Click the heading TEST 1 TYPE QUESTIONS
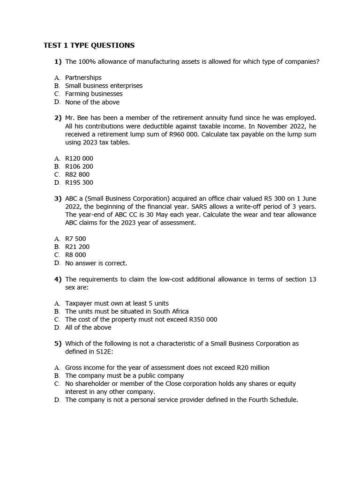tap(89, 45)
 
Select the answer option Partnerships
tap(83, 77)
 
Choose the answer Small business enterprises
tap(104, 86)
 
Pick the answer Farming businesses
tap(94, 94)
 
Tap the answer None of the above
tap(92, 102)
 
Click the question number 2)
tap(58, 118)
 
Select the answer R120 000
tap(79, 158)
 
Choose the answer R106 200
tap(79, 166)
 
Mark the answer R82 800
tap(77, 174)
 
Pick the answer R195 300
tap(79, 182)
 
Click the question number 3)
tap(58, 198)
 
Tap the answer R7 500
tap(75, 239)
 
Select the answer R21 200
tap(77, 247)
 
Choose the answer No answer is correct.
tap(96, 263)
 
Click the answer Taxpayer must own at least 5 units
tap(117, 303)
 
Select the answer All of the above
tap(88, 327)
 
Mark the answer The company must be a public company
tap(124, 375)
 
